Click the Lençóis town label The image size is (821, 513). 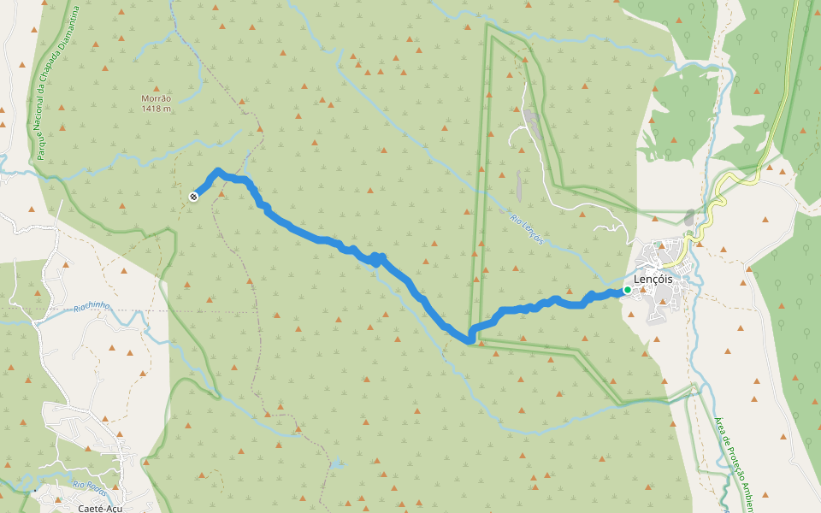point(653,279)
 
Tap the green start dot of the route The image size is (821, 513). point(627,291)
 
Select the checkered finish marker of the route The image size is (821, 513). point(193,197)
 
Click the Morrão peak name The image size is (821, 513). point(156,98)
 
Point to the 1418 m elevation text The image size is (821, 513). point(157,109)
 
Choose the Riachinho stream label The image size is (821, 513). point(92,307)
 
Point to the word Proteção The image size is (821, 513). point(733,457)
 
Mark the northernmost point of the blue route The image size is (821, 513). point(219,171)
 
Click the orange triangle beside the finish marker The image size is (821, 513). point(221,192)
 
